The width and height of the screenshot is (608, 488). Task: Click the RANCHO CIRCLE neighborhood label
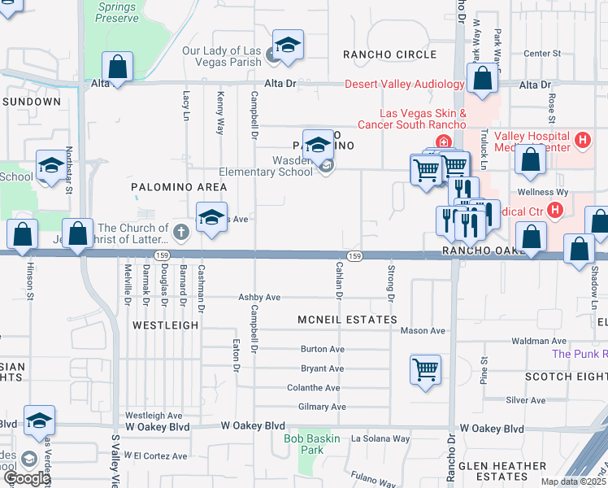[378, 54]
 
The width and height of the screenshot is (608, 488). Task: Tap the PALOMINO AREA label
[179, 187]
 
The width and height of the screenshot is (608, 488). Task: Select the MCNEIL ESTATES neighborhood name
[347, 320]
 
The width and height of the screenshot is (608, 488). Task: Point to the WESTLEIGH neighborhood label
[166, 325]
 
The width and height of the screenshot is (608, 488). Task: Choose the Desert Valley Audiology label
[404, 84]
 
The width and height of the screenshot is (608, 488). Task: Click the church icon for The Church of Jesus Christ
[180, 234]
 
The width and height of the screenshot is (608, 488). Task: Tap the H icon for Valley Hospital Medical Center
[581, 141]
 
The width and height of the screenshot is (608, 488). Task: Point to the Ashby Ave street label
[258, 298]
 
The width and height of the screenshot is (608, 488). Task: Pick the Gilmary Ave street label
[323, 407]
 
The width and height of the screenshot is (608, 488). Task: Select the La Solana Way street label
[380, 438]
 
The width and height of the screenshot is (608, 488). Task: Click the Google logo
[26, 478]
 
